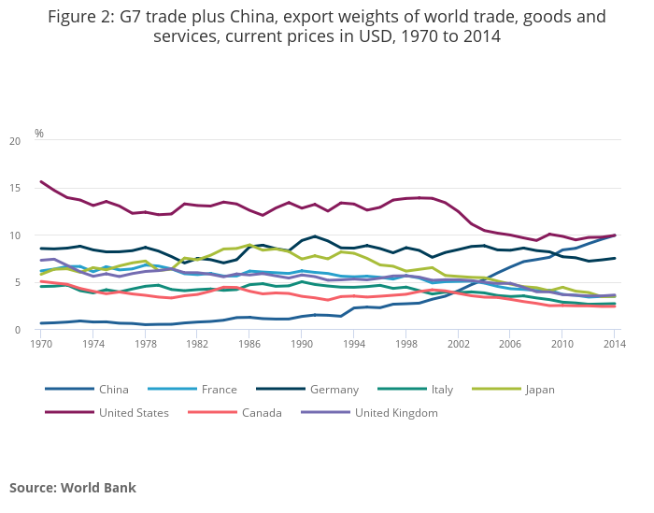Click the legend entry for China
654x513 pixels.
(x=113, y=390)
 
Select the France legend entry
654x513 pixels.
(x=219, y=390)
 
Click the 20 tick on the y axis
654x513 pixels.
(x=14, y=141)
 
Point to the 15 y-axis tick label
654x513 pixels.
(x=14, y=189)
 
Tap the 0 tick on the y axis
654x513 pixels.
(x=17, y=330)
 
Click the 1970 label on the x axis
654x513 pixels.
(x=41, y=345)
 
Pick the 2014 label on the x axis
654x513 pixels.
(x=614, y=345)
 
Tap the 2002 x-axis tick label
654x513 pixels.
(x=458, y=345)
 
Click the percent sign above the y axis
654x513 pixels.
(x=39, y=134)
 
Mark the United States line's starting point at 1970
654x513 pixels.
(x=41, y=181)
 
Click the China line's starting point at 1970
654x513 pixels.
(x=41, y=323)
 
